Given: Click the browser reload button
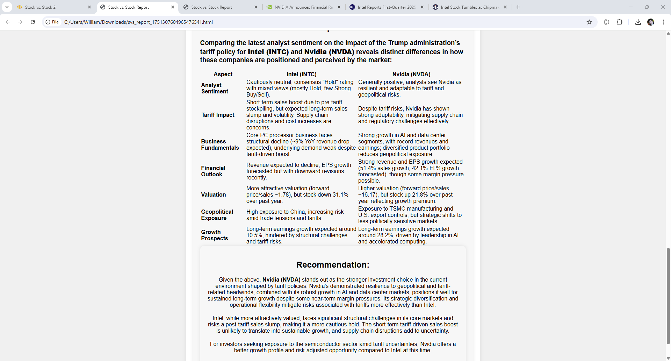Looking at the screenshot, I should (x=33, y=22).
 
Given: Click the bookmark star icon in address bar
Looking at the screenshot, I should (x=589, y=22).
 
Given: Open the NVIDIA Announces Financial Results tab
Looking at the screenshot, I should (x=303, y=7).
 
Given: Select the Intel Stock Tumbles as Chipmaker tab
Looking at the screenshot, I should (x=469, y=7).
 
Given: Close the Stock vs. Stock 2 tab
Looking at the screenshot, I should (x=89, y=7).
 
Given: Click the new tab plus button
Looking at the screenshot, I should (x=518, y=7).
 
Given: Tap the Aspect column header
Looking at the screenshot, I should (x=223, y=74).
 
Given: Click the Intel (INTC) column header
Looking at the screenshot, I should (x=301, y=74).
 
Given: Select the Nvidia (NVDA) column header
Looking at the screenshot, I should (x=411, y=74).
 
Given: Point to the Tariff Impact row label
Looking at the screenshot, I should (x=218, y=115).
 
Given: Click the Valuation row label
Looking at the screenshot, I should (x=213, y=194).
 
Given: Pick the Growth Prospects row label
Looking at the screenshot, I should (x=214, y=235).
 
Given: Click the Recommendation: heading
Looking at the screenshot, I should (x=333, y=265).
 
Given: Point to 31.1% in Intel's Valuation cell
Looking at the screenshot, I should (x=340, y=195).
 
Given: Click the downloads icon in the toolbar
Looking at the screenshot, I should (x=638, y=22).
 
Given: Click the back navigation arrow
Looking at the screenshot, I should (x=8, y=22).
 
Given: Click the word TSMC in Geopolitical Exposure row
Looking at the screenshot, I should (x=397, y=209).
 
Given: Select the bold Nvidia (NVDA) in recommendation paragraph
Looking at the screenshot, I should (x=281, y=280).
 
